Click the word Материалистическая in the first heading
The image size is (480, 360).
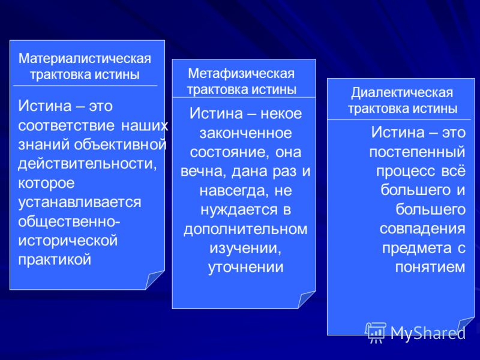click(85, 58)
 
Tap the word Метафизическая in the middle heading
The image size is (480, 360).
click(241, 73)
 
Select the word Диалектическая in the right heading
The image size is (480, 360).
click(402, 92)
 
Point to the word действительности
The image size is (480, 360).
click(87, 164)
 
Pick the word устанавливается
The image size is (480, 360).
click(80, 202)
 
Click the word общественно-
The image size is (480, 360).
click(69, 221)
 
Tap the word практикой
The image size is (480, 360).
click(55, 260)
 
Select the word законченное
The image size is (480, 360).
click(245, 133)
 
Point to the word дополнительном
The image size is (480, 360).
click(245, 229)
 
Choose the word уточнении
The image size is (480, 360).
click(245, 267)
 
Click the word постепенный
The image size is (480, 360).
click(417, 152)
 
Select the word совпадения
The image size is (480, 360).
click(422, 229)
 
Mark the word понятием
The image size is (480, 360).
click(430, 267)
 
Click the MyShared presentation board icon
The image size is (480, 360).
click(376, 332)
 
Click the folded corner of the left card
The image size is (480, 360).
click(155, 280)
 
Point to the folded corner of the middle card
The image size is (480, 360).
click(307, 299)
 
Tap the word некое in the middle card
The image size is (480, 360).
click(281, 114)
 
